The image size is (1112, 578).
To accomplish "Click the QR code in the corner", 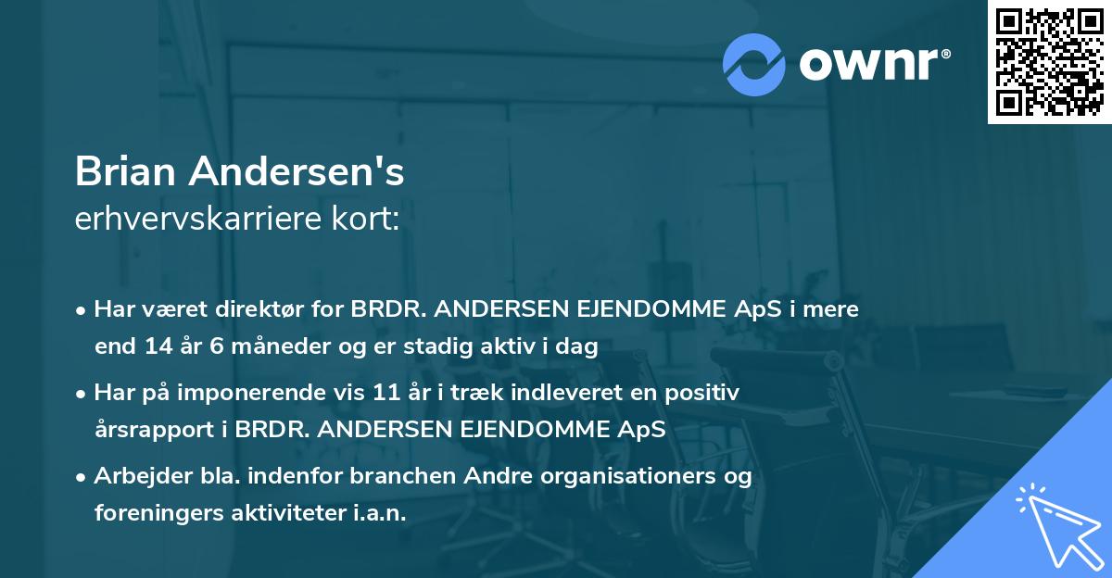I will pyautogui.click(x=1050, y=61).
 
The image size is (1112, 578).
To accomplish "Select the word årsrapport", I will pyautogui.click(x=150, y=430).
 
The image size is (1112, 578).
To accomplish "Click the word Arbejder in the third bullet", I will pyautogui.click(x=135, y=476).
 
